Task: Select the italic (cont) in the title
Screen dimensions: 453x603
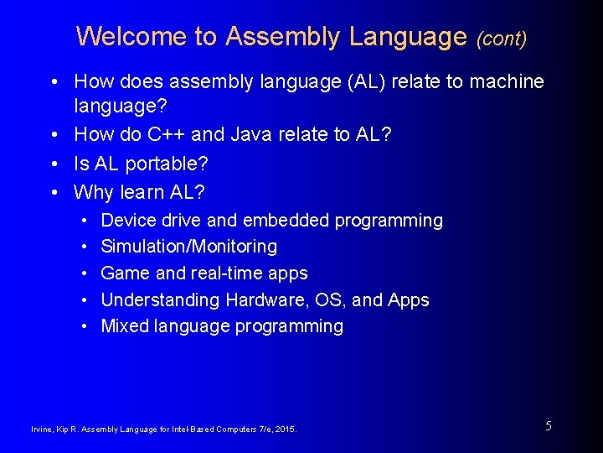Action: coord(502,39)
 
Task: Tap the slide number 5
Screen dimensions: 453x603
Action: coord(549,426)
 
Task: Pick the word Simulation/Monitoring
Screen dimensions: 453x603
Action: coord(188,247)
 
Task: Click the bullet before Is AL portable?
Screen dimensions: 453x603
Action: coord(54,163)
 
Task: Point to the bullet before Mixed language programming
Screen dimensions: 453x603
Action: coord(86,326)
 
